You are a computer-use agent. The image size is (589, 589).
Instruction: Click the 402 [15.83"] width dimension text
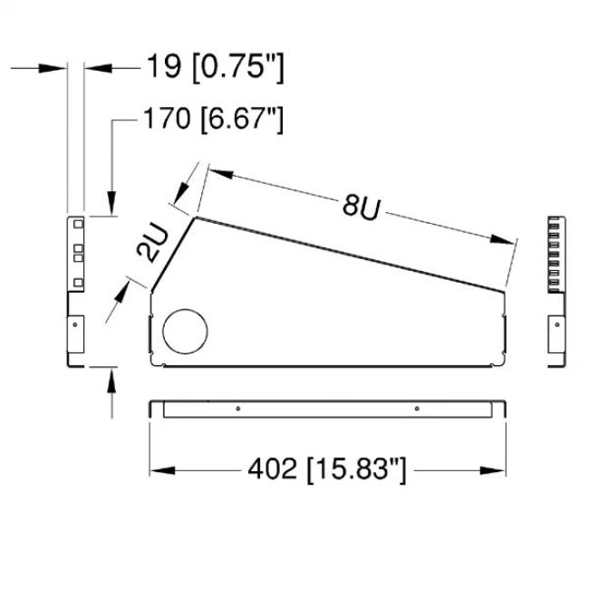[327, 469]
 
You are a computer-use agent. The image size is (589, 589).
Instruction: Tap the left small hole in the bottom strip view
[237, 409]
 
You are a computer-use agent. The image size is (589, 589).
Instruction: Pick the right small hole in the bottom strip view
[416, 409]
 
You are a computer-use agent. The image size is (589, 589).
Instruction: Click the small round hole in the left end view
[76, 323]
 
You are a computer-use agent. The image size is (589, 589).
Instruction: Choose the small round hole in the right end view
[558, 322]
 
